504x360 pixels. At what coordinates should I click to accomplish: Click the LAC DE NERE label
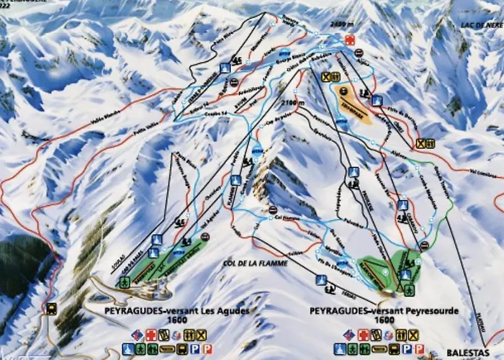tap(476, 23)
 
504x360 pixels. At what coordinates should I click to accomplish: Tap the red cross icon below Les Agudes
tap(150, 335)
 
